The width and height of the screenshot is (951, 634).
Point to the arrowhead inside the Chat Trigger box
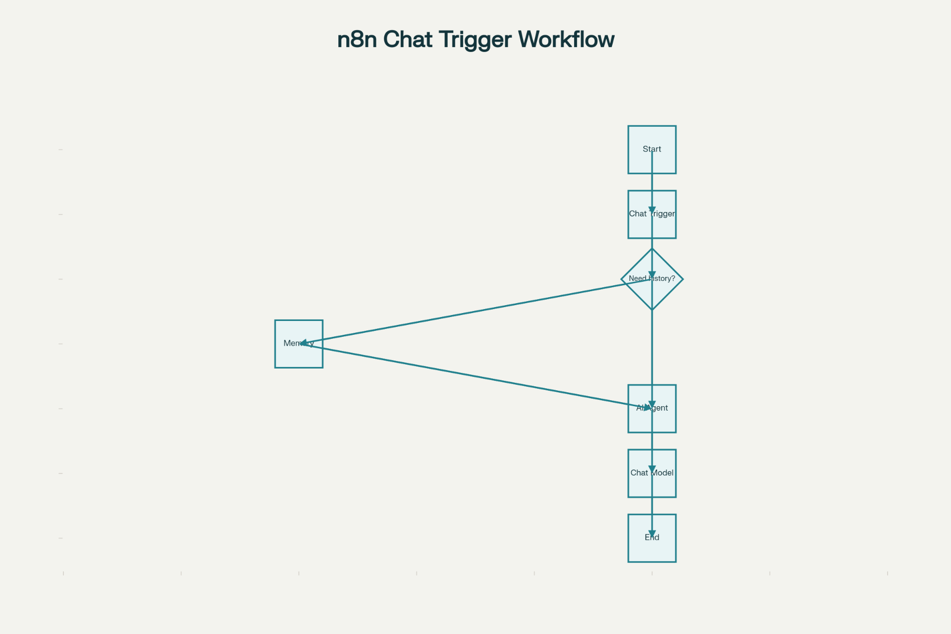[652, 211]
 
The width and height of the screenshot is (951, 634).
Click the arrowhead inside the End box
[652, 534]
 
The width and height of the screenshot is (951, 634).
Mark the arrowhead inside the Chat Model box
[652, 470]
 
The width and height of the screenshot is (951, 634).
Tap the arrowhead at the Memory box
[305, 343]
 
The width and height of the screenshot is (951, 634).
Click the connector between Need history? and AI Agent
[652, 347]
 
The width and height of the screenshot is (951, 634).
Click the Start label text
[652, 149]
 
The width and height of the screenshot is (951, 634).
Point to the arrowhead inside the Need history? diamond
[652, 275]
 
